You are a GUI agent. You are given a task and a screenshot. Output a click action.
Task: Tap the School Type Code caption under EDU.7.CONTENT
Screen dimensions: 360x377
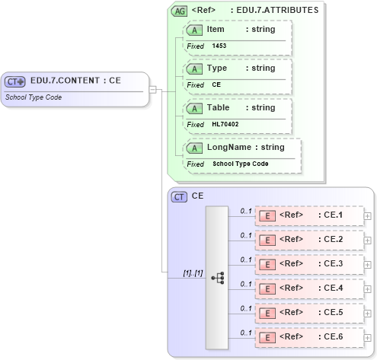coord(34,97)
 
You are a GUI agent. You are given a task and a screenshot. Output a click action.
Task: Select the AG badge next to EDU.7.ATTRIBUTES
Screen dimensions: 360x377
coord(180,11)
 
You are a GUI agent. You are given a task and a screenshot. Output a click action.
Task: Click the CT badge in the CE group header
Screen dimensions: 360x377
coord(180,196)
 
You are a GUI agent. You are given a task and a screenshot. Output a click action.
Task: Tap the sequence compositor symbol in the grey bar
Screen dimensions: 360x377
coord(217,278)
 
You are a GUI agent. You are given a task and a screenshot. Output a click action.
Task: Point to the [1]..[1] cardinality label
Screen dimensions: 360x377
coord(193,272)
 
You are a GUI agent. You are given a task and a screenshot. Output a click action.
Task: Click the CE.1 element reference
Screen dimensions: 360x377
coord(308,216)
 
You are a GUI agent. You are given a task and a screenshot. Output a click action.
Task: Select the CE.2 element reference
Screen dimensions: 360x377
coord(308,240)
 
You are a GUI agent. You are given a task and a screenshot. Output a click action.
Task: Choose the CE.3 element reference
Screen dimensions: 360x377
coord(308,264)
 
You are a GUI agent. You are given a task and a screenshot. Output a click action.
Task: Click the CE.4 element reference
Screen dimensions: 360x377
coord(308,288)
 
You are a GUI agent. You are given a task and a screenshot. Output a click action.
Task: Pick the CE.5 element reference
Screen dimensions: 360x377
coord(308,312)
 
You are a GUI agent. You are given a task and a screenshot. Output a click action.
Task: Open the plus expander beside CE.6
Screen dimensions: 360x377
coord(368,337)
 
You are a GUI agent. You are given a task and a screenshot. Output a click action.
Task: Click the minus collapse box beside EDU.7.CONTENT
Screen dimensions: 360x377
coord(153,89)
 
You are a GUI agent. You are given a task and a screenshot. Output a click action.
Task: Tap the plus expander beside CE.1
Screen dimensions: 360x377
coord(368,216)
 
